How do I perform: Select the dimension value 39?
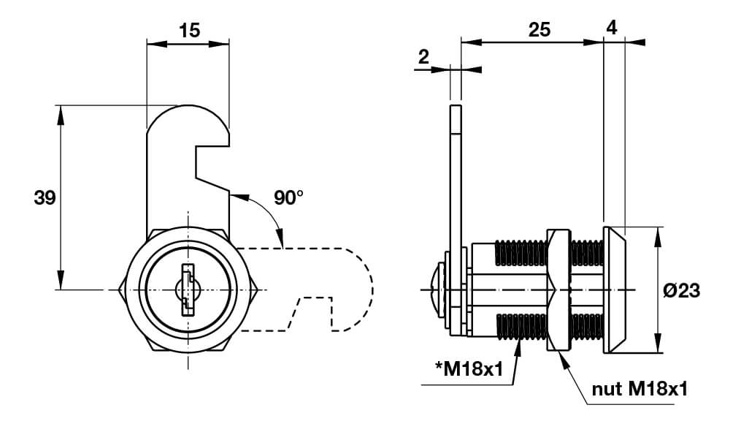tap(45, 197)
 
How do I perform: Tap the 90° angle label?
tap(288, 197)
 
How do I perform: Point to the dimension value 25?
tap(540, 30)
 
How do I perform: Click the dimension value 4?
tap(612, 29)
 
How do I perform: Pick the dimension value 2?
tap(423, 57)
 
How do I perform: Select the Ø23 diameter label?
tap(681, 290)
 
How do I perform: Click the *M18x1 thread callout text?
tap(469, 368)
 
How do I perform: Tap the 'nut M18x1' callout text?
tap(640, 389)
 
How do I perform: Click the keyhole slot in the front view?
tap(188, 289)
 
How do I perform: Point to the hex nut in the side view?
tap(558, 290)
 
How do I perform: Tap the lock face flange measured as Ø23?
tap(615, 290)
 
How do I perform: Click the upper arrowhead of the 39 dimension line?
tap(61, 115)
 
